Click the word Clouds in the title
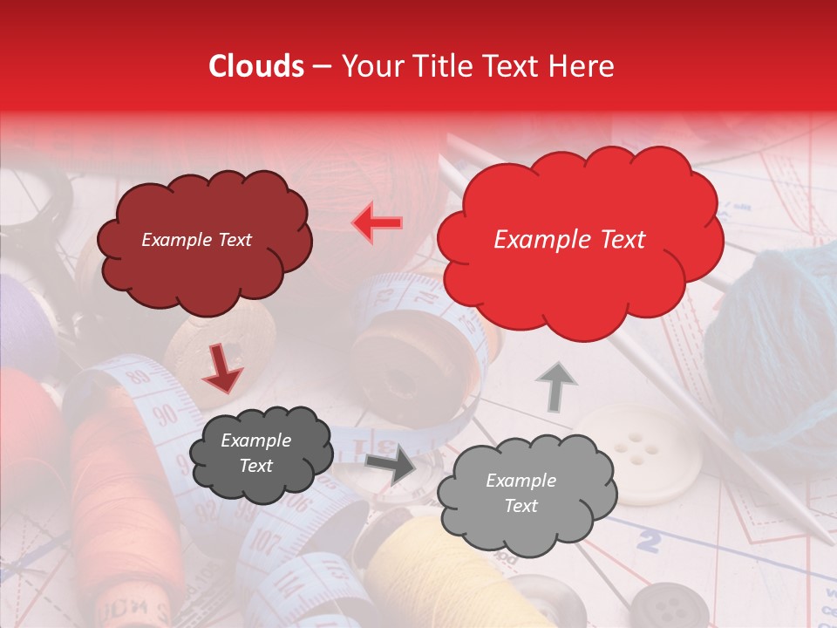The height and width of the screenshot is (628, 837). click(256, 66)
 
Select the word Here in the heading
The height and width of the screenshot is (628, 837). click(582, 66)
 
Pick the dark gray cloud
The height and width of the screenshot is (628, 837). click(260, 454)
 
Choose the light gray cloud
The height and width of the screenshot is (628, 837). click(521, 494)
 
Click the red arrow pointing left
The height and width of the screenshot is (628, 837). click(378, 222)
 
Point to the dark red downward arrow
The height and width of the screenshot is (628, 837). click(222, 371)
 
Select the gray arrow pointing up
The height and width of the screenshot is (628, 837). click(555, 386)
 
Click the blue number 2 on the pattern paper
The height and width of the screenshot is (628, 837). click(647, 543)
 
